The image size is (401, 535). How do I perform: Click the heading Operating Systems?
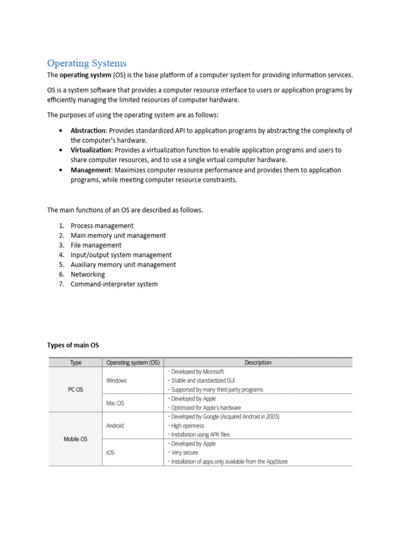coord(87,63)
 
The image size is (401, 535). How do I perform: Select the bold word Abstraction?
coord(88,131)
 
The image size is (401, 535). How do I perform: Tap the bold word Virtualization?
coord(91,150)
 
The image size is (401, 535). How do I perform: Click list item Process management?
coord(102,226)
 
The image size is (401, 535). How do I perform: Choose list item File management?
coord(96,245)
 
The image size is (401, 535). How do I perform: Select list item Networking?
coord(88,274)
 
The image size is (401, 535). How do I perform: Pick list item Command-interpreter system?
coord(114,284)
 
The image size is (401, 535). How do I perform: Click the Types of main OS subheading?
coord(73,345)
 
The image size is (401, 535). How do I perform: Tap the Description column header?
coord(258,363)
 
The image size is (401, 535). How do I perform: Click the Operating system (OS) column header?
coord(133,363)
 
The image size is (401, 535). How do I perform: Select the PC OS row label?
coord(75,390)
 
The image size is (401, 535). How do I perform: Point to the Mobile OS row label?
coord(75,439)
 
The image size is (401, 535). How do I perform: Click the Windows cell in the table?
coord(116,380)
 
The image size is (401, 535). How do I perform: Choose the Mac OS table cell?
coord(115,403)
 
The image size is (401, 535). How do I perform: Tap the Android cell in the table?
coord(115,425)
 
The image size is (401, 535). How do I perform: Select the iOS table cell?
coord(110,452)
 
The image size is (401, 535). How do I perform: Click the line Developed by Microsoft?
coord(196,371)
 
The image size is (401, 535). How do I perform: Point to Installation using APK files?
coord(199,434)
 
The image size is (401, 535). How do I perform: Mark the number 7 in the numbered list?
coord(61,284)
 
